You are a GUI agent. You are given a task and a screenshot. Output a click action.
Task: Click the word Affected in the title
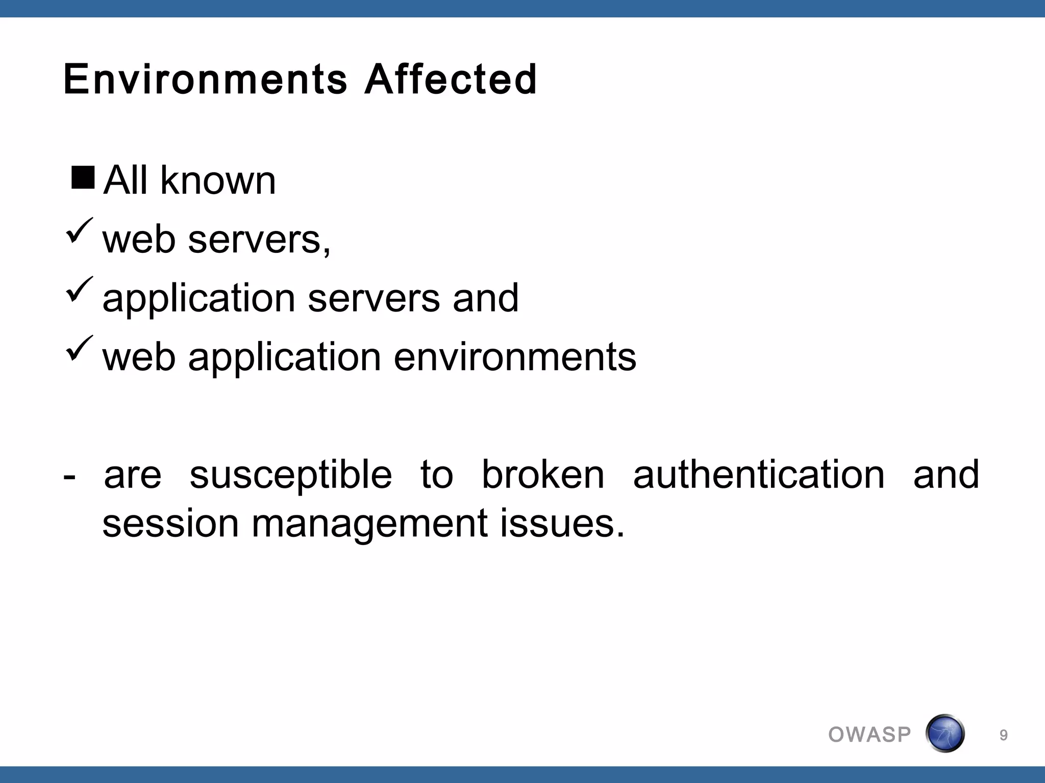[x=450, y=80]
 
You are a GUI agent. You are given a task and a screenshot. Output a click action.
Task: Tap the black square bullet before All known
[x=83, y=177]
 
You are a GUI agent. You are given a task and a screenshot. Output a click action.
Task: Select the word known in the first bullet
[x=218, y=180]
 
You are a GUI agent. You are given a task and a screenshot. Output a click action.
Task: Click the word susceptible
[x=291, y=475]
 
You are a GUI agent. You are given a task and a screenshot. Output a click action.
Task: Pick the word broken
[x=543, y=475]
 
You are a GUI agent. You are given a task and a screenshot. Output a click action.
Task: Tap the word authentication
[x=759, y=475]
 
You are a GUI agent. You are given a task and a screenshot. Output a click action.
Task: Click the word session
[x=170, y=524]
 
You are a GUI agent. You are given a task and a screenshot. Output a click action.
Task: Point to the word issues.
[x=562, y=524]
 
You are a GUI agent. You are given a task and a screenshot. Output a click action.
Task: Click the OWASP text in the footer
[x=869, y=735]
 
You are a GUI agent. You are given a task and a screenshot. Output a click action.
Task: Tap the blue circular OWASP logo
[x=945, y=734]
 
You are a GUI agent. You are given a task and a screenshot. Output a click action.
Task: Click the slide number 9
[x=1003, y=735]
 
